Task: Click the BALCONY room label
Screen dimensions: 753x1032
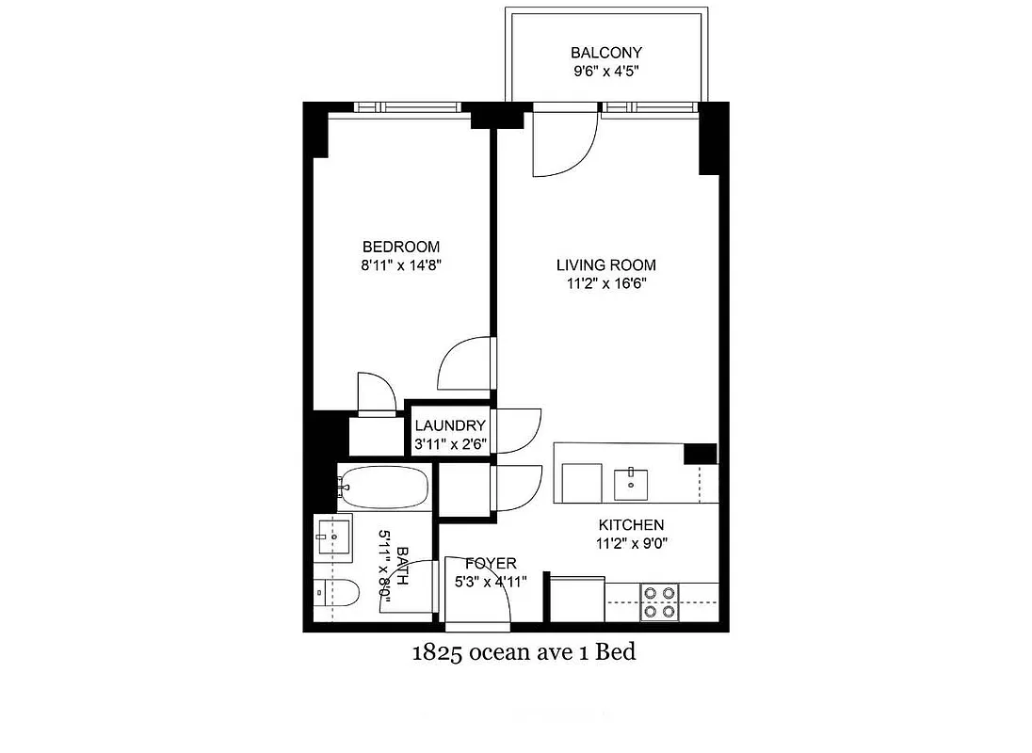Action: click(x=605, y=53)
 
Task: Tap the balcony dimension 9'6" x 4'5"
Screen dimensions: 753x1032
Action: click(x=605, y=71)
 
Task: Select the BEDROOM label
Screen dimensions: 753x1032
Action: click(x=400, y=247)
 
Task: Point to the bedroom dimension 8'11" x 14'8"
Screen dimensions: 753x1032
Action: click(x=401, y=265)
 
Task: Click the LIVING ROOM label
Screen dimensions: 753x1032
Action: click(x=605, y=265)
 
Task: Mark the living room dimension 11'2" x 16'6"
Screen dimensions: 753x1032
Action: click(x=605, y=283)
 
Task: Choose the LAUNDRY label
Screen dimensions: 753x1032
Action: click(x=450, y=425)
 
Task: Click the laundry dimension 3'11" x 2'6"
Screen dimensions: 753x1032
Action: click(x=450, y=443)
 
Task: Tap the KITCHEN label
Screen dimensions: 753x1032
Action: click(x=631, y=525)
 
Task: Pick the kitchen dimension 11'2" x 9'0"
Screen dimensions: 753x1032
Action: click(x=631, y=543)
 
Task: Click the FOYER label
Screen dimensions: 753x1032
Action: click(x=491, y=563)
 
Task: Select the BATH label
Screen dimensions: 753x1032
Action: click(x=403, y=566)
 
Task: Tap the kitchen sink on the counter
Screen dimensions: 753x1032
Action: click(x=632, y=484)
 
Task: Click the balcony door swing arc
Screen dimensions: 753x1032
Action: click(x=565, y=146)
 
